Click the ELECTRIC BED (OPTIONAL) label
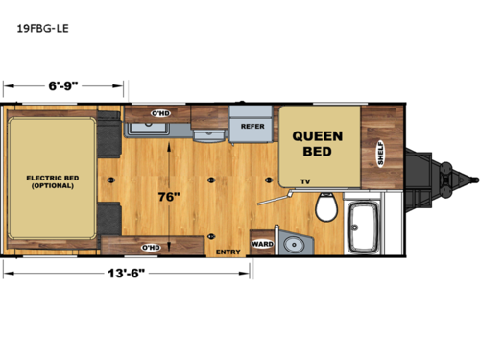coord(51,181)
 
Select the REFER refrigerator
coord(252,125)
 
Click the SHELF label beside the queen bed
coord(381,154)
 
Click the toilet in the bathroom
coord(325,206)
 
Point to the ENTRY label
coord(227,252)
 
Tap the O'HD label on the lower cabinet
coord(150,247)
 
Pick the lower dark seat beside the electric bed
coord(109,218)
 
